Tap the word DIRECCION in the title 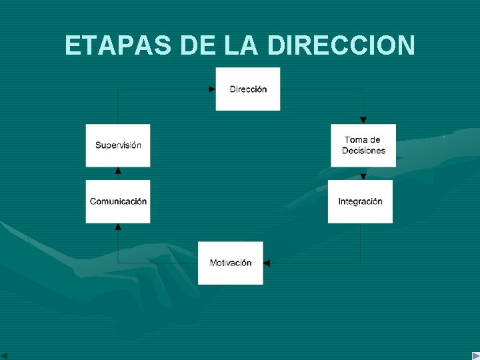coord(341,45)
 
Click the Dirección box coord(248,89)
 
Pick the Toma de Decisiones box coord(363,145)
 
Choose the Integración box coord(360,201)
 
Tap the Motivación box coord(231,263)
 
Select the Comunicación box coord(118,201)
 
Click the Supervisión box coord(118,145)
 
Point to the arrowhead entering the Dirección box coord(212,89)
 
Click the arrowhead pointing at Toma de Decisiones coord(363,120)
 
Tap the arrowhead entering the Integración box coord(363,177)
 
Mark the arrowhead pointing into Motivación coord(267,263)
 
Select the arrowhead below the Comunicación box coord(118,227)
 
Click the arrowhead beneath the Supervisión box coord(118,171)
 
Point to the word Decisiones coord(363,151)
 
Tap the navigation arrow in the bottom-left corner coord(4,355)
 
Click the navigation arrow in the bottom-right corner coord(475,355)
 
